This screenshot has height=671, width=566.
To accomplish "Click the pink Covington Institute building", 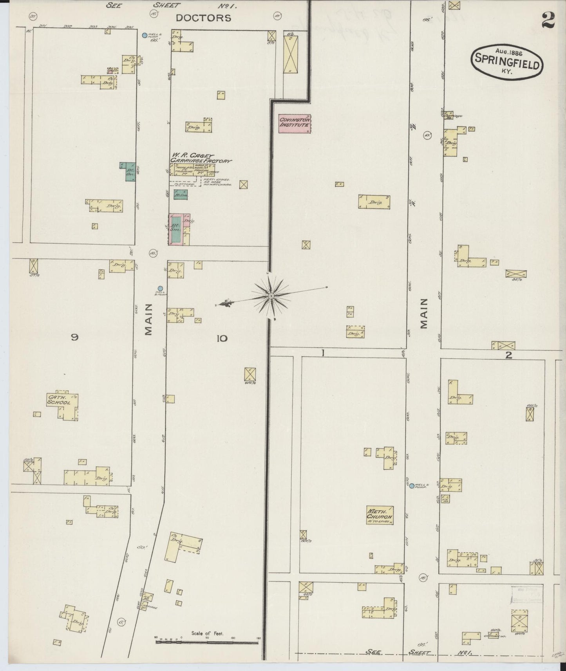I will [x=295, y=124].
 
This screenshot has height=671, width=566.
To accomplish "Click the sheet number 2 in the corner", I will [x=548, y=21].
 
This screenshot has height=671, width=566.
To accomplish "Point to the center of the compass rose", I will [x=271, y=296].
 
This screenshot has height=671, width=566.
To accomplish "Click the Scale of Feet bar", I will [x=208, y=642].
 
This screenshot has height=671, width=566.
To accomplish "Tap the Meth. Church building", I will [x=379, y=515].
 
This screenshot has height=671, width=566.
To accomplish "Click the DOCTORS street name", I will [x=203, y=18].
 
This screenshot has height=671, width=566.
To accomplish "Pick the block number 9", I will [x=75, y=337].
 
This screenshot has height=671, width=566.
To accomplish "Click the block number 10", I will [x=222, y=338].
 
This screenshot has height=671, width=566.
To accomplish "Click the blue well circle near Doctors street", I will [x=145, y=35].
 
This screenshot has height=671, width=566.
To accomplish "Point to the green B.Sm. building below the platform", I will [x=180, y=194].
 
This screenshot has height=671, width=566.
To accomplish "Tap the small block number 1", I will [x=323, y=353].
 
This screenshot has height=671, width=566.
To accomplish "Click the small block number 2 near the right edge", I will [x=508, y=355].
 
